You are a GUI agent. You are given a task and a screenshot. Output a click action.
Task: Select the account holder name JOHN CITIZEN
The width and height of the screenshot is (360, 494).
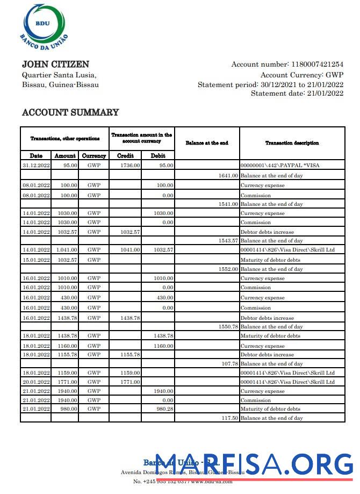pos(55,65)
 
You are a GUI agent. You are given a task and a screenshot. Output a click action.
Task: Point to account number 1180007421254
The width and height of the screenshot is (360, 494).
pos(316,65)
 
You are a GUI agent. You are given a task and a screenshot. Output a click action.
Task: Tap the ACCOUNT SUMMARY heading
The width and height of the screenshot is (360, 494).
pos(70,112)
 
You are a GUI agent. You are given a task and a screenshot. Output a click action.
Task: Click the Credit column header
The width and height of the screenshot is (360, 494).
pos(125,155)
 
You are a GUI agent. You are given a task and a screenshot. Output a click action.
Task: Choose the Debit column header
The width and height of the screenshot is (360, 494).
pos(158,155)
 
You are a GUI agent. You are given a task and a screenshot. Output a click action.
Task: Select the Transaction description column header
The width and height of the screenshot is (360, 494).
pos(292,143)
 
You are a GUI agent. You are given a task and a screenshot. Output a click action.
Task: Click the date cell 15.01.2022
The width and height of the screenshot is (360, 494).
pos(36,260)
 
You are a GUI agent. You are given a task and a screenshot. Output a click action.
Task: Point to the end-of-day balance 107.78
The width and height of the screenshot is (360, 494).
pos(229,364)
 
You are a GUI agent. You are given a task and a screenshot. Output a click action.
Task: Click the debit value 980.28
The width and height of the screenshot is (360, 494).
pos(163,409)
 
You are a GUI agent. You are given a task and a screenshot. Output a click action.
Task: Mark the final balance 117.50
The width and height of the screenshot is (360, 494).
pos(229,418)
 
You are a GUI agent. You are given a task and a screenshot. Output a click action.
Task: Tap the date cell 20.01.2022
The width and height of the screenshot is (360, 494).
pos(36,382)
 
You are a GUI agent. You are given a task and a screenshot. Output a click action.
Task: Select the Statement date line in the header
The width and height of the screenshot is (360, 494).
pos(297,94)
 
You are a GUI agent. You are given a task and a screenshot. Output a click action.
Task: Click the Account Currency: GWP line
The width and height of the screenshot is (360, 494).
pos(301,75)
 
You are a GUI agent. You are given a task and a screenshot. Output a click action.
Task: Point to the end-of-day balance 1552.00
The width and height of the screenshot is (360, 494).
pos(228,269)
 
